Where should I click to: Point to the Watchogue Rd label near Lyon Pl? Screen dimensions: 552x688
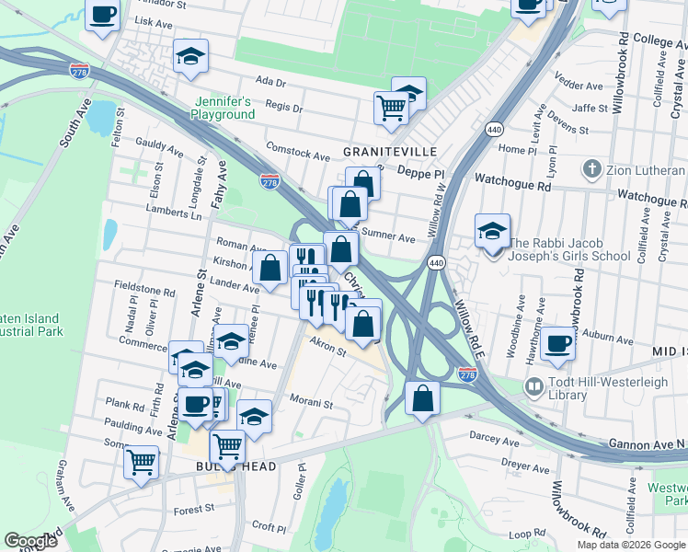click(x=512, y=184)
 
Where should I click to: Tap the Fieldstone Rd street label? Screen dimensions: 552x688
click(x=144, y=290)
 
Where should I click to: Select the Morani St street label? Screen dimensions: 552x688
click(x=310, y=402)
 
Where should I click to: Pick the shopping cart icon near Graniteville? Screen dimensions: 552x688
click(x=392, y=108)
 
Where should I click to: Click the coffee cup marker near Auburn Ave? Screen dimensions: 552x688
click(x=558, y=343)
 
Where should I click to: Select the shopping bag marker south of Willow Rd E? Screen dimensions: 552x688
click(x=422, y=399)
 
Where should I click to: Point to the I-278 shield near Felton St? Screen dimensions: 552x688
click(x=79, y=69)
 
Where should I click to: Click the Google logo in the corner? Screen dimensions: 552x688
click(x=29, y=541)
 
